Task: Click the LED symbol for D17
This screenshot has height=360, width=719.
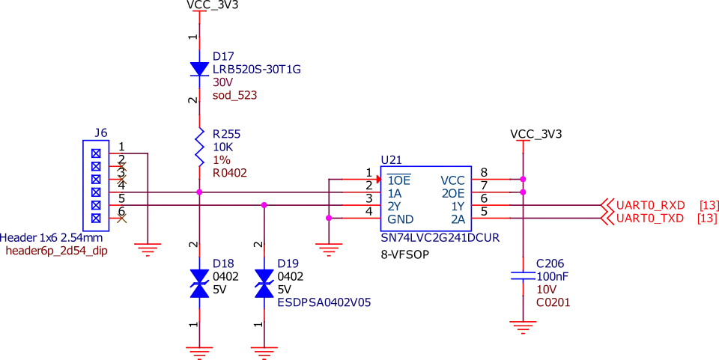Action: pos(198,70)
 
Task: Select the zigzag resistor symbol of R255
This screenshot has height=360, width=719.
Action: pos(198,146)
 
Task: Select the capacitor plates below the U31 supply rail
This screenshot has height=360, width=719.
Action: pos(522,275)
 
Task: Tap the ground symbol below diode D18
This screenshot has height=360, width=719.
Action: pos(199,349)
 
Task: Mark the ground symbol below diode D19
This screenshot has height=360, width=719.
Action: pos(264,349)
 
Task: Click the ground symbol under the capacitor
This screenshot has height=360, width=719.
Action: pos(522,326)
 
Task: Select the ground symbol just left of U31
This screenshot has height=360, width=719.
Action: pos(327,248)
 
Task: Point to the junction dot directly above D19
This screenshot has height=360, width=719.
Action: pos(264,204)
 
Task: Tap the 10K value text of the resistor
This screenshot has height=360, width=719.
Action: pos(223,147)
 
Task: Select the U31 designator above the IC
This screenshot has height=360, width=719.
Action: pos(389,158)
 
